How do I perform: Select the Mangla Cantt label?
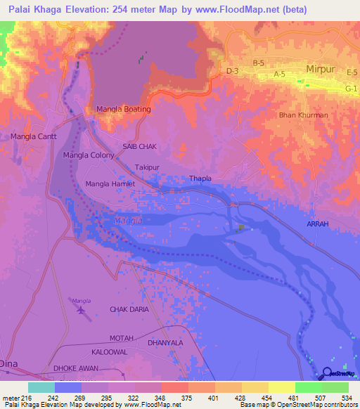(34, 136)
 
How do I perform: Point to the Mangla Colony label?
(89, 155)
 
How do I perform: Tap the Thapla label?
(200, 178)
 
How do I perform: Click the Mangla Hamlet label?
(109, 184)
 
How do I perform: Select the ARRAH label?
(317, 223)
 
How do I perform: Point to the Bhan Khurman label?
(303, 115)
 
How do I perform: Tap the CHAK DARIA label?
(129, 309)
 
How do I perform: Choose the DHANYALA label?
(165, 342)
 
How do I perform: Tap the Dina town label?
(9, 364)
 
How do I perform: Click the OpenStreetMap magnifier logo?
(328, 375)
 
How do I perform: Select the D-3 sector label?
(233, 71)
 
